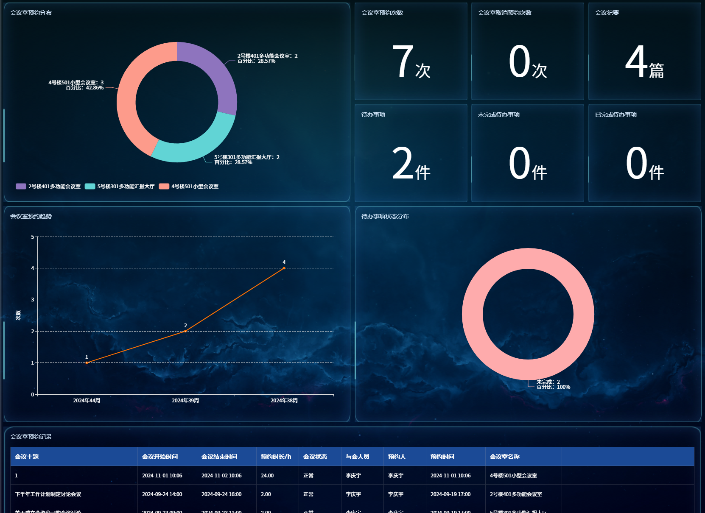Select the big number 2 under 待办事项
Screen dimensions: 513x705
tap(402, 164)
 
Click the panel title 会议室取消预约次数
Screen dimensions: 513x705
tap(504, 13)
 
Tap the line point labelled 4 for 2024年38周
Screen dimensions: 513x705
tap(284, 268)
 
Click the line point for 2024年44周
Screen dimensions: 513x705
tap(87, 362)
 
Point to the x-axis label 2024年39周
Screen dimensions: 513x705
tap(185, 401)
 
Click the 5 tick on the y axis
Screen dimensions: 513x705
tap(33, 237)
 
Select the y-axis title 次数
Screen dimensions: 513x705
tap(18, 315)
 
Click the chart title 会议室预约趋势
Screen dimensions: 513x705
tap(31, 216)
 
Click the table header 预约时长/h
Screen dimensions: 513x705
tap(276, 457)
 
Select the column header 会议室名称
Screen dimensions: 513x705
tap(504, 457)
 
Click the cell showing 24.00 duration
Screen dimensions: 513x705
tap(267, 476)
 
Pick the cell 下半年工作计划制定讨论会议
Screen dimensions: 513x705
tap(48, 494)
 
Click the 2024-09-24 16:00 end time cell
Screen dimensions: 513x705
tap(221, 494)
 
